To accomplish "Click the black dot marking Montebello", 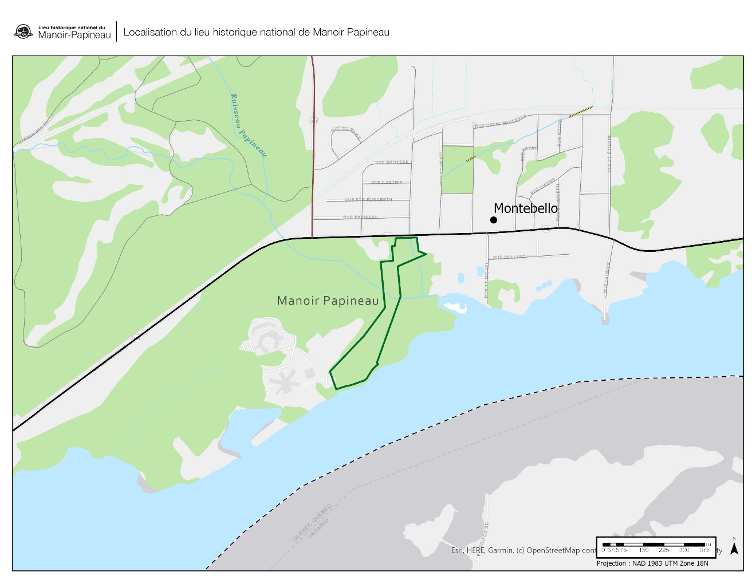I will (x=494, y=220).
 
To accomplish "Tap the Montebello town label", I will (x=525, y=208).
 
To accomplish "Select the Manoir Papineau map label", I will (x=328, y=301).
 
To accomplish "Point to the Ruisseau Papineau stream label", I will (x=249, y=125).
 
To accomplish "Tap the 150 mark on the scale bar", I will (x=644, y=550).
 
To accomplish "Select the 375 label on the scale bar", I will (x=704, y=550).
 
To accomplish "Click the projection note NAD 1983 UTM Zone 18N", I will (x=652, y=563).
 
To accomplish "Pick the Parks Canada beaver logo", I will (x=23, y=31).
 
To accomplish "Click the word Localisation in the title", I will (x=150, y=32).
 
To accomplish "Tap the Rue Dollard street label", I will (x=509, y=257).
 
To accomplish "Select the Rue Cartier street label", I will (x=387, y=182).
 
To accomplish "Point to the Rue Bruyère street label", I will (x=392, y=162).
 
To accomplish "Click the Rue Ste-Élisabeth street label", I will (x=368, y=199).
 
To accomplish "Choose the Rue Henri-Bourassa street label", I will (x=500, y=122).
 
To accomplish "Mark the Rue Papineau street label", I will (x=360, y=217).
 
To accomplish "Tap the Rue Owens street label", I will (x=543, y=186).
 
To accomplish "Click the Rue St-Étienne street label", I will (x=609, y=153).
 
